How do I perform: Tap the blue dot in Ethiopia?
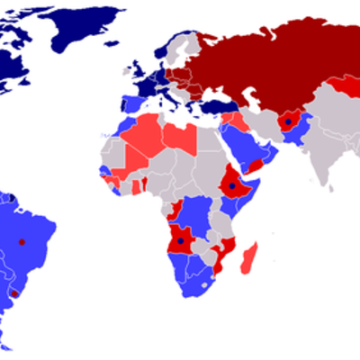(x=232, y=186)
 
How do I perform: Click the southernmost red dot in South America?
(x=13, y=294)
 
